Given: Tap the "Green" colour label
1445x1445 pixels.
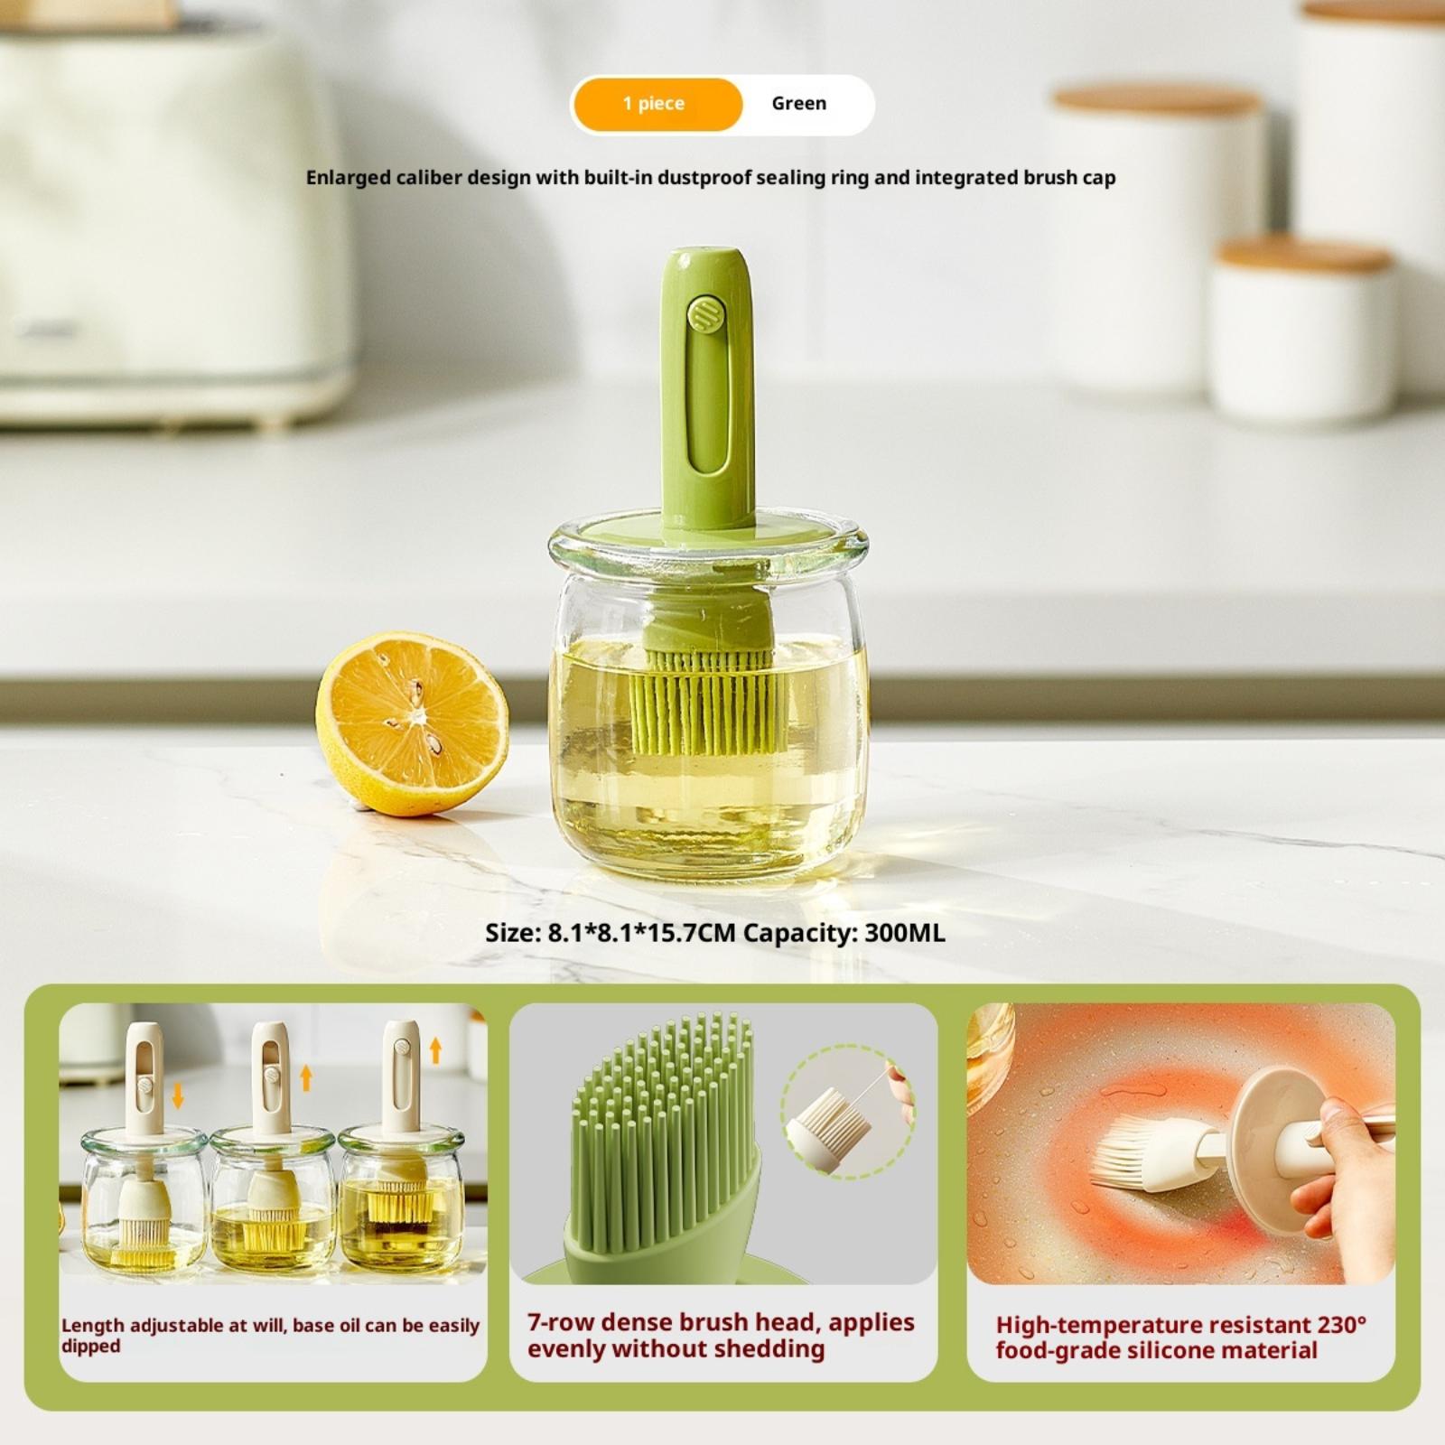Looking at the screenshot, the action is pyautogui.click(x=799, y=103).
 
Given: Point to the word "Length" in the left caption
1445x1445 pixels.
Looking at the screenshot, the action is pyautogui.click(x=93, y=1326).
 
